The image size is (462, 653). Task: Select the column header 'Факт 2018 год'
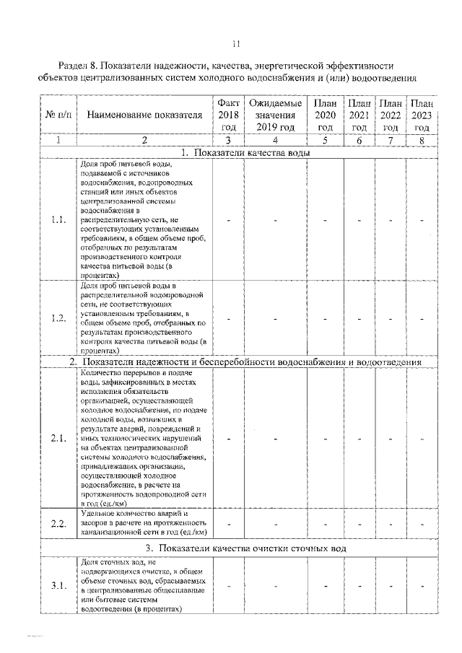pyautogui.click(x=229, y=115)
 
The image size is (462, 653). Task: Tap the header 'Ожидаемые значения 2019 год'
pyautogui.click(x=274, y=115)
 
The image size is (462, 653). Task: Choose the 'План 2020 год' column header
pyautogui.click(x=325, y=115)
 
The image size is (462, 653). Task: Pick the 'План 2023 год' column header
pyautogui.click(x=422, y=115)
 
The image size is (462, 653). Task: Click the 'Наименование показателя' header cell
pyautogui.click(x=144, y=115)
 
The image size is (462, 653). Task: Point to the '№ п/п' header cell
pyautogui.click(x=58, y=115)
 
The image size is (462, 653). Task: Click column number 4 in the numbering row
pyautogui.click(x=274, y=141)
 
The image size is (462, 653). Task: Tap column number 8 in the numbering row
pyautogui.click(x=422, y=141)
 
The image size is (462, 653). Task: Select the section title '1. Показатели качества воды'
pyautogui.click(x=245, y=153)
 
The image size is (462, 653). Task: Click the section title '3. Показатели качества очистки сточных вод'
pyautogui.click(x=245, y=548)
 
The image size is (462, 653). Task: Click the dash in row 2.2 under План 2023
pyautogui.click(x=422, y=523)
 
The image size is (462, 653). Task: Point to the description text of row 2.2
pyautogui.click(x=144, y=522)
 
